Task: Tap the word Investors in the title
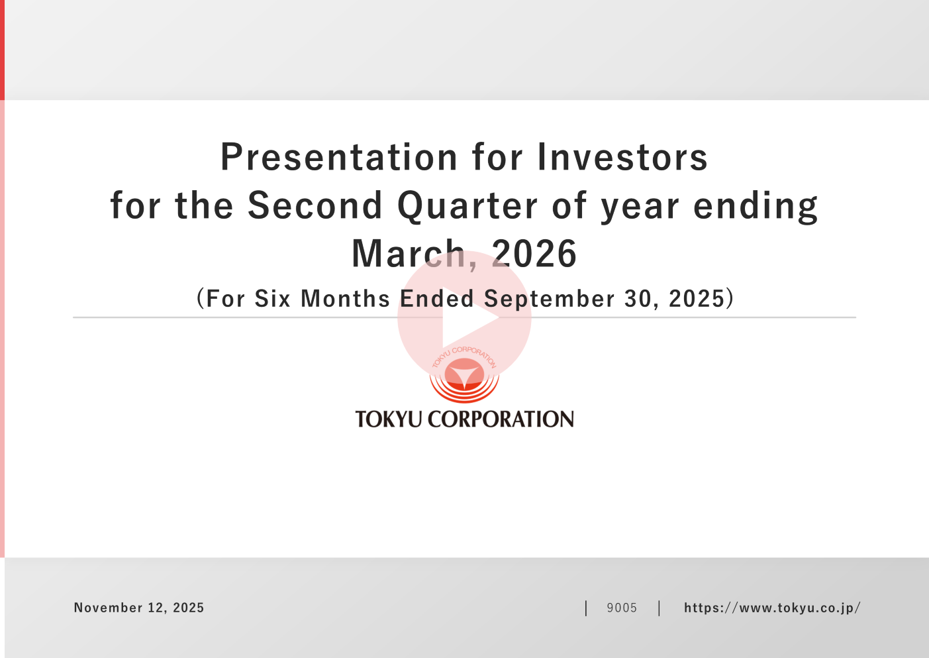[622, 157]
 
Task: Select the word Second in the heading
[315, 205]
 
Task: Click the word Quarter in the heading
[467, 205]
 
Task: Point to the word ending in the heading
[756, 206]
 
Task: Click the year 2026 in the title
[534, 253]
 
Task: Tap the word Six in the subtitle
[272, 298]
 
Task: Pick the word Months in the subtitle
[345, 298]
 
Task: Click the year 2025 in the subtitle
[697, 298]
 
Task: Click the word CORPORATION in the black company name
[501, 419]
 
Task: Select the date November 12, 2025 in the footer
[139, 608]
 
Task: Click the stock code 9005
[622, 608]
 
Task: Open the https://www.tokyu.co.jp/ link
[772, 608]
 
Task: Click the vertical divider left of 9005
[586, 608]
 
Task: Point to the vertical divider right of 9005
[659, 608]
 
